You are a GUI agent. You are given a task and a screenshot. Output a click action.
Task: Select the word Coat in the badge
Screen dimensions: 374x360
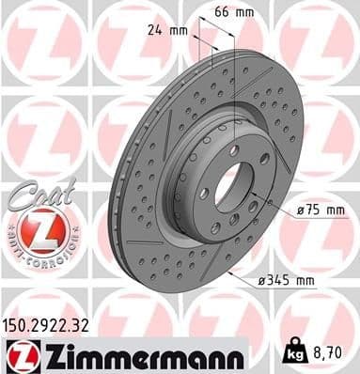34,193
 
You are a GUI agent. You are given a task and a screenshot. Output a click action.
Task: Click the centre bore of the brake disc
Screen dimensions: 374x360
227,186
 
